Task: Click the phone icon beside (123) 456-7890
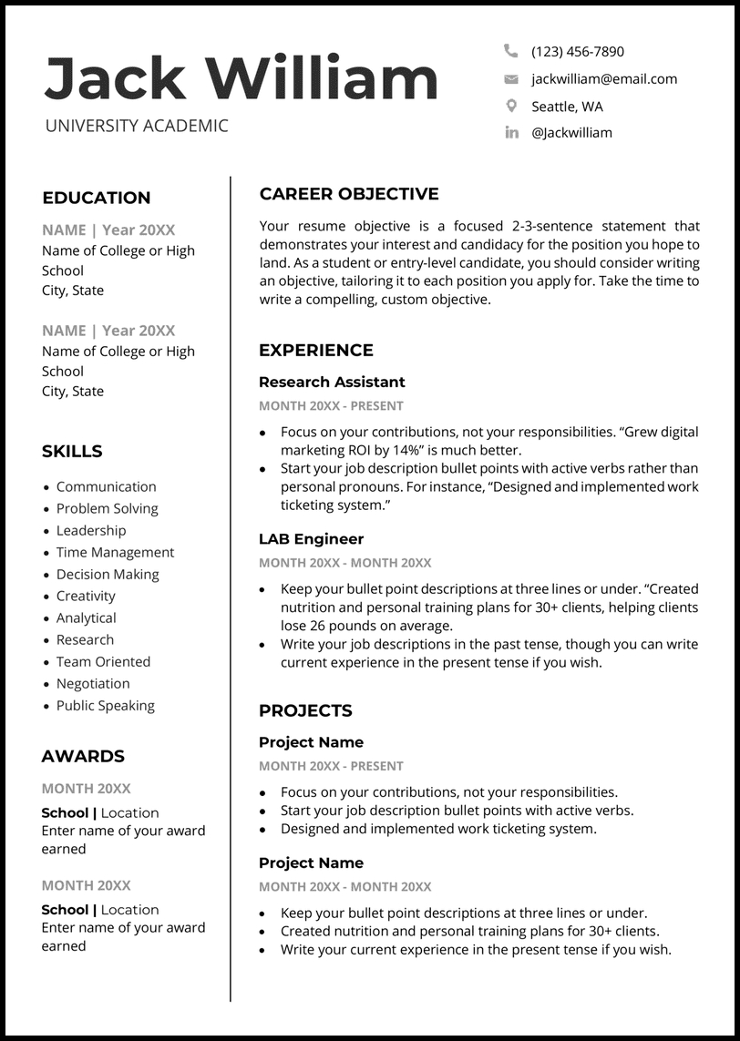pos(510,51)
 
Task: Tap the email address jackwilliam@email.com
pos(604,79)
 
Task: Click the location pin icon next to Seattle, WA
pos(511,106)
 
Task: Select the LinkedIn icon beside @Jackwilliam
pos(511,133)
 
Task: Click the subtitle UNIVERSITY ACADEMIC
pos(137,126)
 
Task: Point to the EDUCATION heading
pos(97,198)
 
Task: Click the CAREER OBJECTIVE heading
pos(349,194)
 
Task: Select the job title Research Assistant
pos(332,382)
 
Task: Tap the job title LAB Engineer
pos(311,539)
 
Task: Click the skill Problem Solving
pos(107,508)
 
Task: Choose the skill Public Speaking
pos(105,705)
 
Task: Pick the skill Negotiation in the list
pos(93,683)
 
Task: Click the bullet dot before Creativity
pos(46,597)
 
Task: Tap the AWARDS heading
pos(83,756)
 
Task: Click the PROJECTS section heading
pos(305,710)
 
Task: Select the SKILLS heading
pos(72,451)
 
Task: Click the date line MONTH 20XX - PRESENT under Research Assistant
pos(331,406)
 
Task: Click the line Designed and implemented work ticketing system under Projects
pos(438,829)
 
